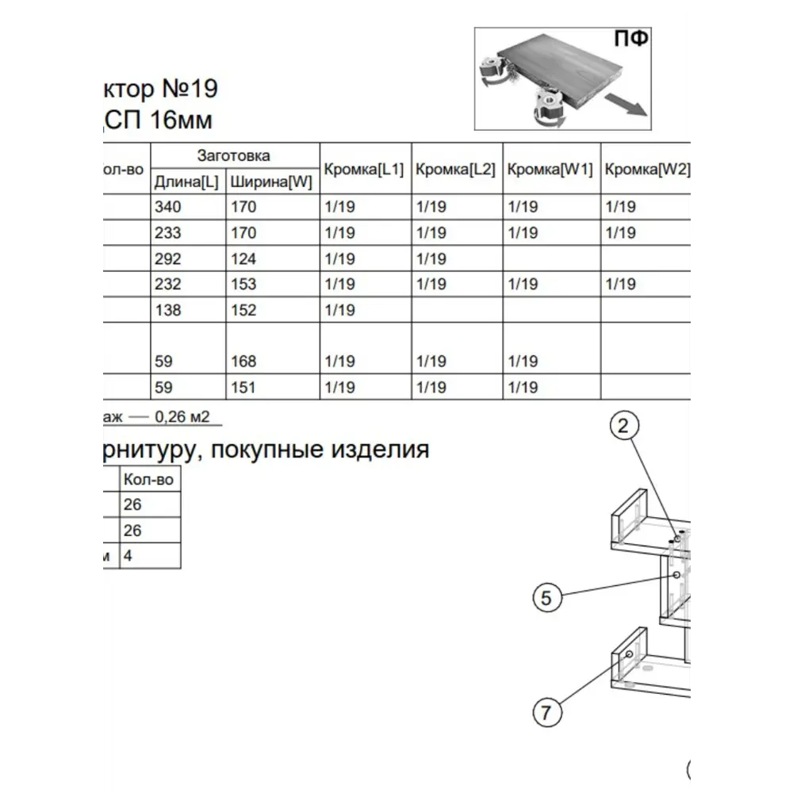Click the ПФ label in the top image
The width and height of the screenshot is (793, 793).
point(630,39)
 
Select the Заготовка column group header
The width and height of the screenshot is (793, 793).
point(233,155)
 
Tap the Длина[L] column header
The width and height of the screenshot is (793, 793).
point(186,182)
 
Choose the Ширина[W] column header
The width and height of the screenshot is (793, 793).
point(271,182)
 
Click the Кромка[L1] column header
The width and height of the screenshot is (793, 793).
point(365,169)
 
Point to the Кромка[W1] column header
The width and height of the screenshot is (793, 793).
point(550,169)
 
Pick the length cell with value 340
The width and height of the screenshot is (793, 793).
point(168,207)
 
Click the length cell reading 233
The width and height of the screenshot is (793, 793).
point(168,233)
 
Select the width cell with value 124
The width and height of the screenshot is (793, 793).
point(243,259)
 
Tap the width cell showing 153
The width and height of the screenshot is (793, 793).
point(243,284)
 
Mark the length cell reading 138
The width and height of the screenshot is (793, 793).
point(168,310)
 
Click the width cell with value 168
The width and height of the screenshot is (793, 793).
point(243,362)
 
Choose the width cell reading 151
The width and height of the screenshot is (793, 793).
point(243,388)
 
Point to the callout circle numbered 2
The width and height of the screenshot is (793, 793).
point(623,426)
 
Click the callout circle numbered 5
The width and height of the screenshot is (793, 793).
point(546,598)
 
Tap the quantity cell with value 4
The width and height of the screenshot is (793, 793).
point(128,556)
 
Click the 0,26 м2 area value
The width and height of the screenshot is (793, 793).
point(185,416)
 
